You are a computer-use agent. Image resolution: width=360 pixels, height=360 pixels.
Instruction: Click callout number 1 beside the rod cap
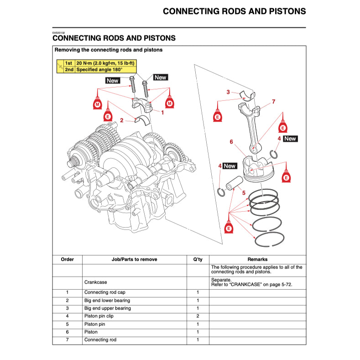[162, 112]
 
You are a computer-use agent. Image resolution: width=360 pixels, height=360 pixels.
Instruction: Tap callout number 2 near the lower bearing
[122, 120]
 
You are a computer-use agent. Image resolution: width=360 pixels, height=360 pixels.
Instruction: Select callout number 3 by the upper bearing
[228, 92]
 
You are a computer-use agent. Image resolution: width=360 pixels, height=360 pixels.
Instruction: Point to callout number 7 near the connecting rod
[273, 101]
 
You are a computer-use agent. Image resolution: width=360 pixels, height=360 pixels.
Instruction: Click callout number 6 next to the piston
[231, 142]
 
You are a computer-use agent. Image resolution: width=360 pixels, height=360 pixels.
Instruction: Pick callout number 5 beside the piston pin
[244, 193]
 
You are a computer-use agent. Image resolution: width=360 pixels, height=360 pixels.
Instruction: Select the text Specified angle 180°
[99, 70]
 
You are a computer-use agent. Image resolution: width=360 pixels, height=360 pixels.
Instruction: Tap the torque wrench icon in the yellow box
[59, 67]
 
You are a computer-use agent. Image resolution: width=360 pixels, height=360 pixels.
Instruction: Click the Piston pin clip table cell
[99, 316]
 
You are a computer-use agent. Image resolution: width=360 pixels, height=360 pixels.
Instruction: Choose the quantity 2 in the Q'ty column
[198, 316]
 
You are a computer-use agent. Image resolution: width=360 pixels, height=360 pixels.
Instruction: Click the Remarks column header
[257, 259]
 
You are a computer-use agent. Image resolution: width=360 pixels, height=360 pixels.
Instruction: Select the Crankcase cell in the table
[95, 282]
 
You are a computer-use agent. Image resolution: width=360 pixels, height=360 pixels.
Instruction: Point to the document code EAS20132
[59, 33]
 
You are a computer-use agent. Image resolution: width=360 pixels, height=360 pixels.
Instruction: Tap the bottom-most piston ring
[269, 239]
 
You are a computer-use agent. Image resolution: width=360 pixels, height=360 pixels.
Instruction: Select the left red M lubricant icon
[97, 104]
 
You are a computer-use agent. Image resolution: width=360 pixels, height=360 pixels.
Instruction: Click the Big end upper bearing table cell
[107, 308]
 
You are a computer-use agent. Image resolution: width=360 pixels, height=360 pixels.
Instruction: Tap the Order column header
[67, 259]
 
